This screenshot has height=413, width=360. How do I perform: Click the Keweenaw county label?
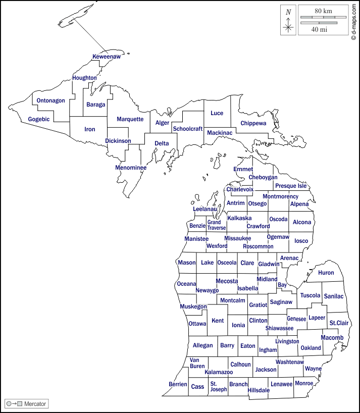point(107,57)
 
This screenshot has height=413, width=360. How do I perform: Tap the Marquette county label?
point(130,119)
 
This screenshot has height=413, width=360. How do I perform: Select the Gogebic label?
point(39,119)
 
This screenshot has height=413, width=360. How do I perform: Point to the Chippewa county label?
point(253,123)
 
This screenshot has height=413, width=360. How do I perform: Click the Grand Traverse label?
point(216,225)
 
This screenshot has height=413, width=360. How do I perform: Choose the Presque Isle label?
point(291,186)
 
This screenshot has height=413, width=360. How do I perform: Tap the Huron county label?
point(326,273)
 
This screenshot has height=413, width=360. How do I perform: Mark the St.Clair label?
point(339,323)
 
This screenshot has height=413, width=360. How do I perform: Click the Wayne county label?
point(313,369)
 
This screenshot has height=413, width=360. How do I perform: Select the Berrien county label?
point(178,384)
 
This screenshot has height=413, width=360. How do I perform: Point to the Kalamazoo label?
point(219,372)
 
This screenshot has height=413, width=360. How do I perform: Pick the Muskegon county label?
point(193,306)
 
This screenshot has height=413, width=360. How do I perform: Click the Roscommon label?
point(258,246)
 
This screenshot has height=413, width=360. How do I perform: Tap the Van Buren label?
point(197,363)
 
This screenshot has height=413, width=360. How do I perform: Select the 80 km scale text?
point(323,11)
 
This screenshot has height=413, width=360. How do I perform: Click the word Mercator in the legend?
point(35,404)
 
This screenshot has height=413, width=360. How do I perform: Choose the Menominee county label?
point(131,168)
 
